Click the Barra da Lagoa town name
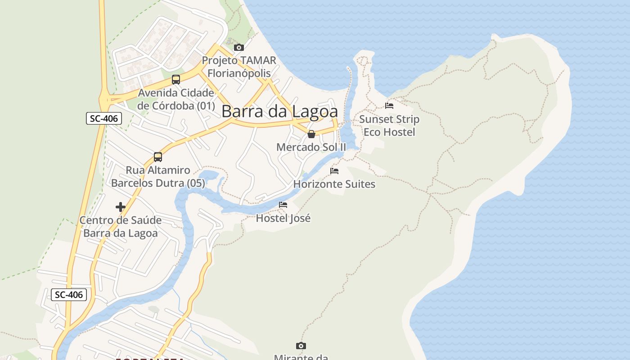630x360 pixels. pyautogui.click(x=279, y=112)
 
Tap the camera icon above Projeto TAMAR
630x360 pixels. pyautogui.click(x=239, y=47)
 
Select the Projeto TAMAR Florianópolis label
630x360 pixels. pyautogui.click(x=239, y=67)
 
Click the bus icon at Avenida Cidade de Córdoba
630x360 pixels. pyautogui.click(x=176, y=80)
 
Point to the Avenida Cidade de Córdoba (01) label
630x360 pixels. pyautogui.click(x=176, y=99)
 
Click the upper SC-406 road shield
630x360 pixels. pyautogui.click(x=104, y=119)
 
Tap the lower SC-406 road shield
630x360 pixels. pyautogui.click(x=69, y=295)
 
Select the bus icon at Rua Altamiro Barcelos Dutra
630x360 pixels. pyautogui.click(x=158, y=157)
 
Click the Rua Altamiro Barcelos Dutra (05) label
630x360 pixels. pyautogui.click(x=158, y=177)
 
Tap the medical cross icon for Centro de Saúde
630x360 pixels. pyautogui.click(x=121, y=207)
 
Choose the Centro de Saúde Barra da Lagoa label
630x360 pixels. pyautogui.click(x=121, y=227)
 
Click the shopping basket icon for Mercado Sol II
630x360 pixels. pyautogui.click(x=311, y=134)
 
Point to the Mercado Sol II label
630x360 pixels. pyautogui.click(x=311, y=147)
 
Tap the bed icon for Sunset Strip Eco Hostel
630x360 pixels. pyautogui.click(x=389, y=106)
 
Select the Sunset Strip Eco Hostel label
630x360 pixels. pyautogui.click(x=389, y=126)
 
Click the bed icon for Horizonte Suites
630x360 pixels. pyautogui.click(x=334, y=171)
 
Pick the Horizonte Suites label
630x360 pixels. pyautogui.click(x=334, y=184)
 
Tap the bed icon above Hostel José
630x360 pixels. pyautogui.click(x=283, y=205)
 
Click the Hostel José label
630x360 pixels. pyautogui.click(x=283, y=218)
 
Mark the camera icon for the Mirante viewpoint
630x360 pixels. pyautogui.click(x=301, y=346)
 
